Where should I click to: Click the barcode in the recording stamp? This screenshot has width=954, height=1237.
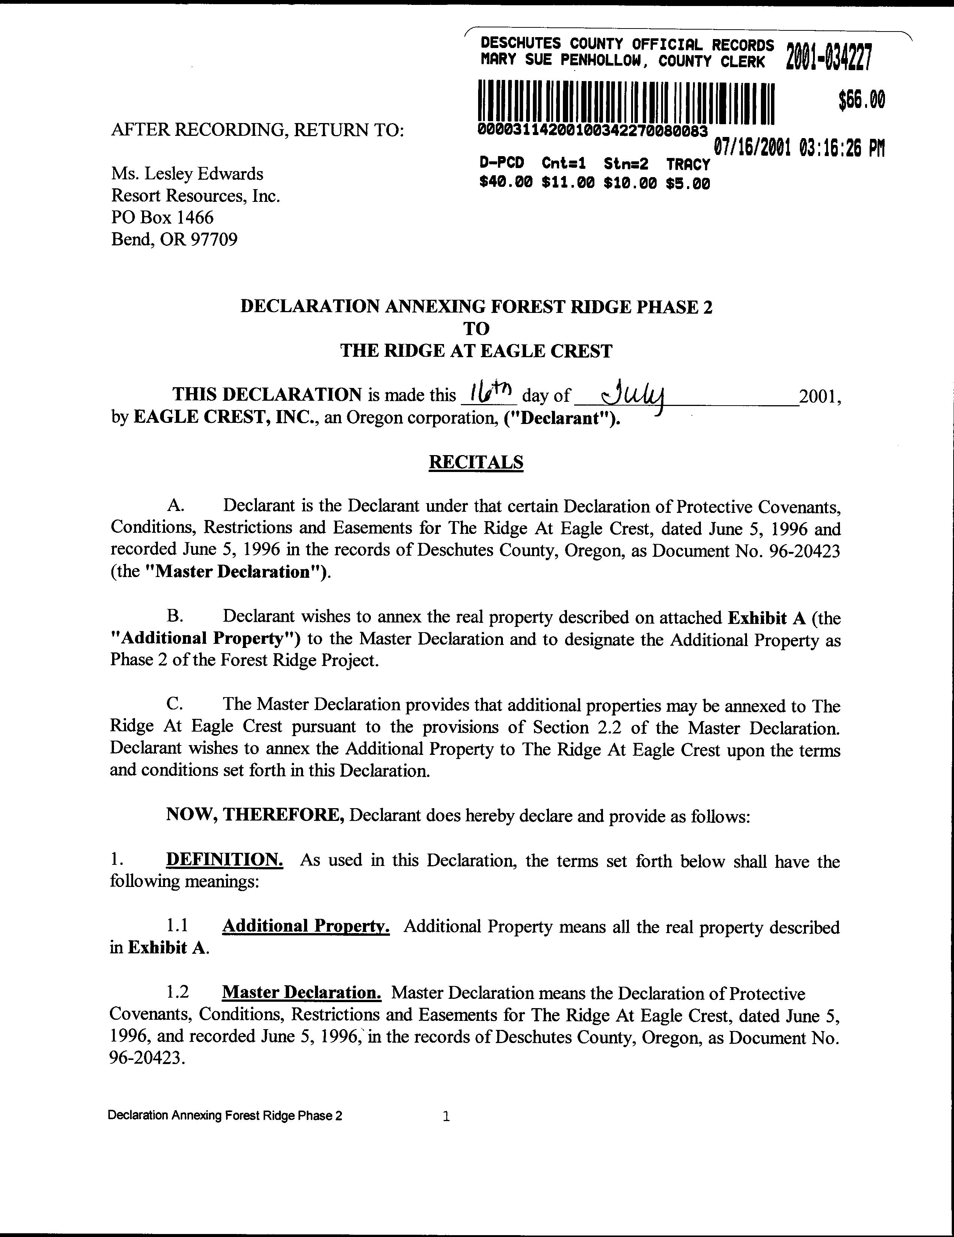coord(625,102)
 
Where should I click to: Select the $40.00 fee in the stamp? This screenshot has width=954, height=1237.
coord(505,183)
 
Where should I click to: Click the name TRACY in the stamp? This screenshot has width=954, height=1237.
coord(687,165)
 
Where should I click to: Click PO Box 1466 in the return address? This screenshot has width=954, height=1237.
coord(162,218)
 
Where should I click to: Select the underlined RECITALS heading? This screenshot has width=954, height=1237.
coord(476,462)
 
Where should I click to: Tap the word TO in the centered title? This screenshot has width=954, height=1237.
coord(476,329)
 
